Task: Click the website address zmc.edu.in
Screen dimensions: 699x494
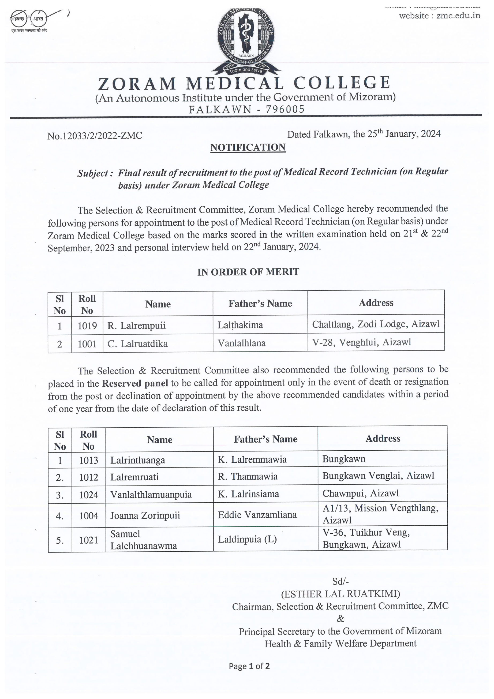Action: click(x=458, y=16)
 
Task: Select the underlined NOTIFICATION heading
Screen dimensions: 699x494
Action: click(x=248, y=147)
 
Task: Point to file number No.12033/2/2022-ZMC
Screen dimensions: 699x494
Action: click(x=95, y=136)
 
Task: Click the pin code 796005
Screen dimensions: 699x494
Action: click(x=285, y=109)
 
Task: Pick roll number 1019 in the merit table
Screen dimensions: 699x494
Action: click(x=87, y=326)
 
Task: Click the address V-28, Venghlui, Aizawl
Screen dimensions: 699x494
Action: click(x=361, y=342)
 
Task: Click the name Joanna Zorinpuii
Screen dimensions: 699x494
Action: click(x=145, y=515)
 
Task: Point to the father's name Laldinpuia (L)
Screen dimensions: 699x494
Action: click(x=247, y=540)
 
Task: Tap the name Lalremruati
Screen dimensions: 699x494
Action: click(x=134, y=477)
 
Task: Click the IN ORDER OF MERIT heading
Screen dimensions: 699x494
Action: click(x=248, y=272)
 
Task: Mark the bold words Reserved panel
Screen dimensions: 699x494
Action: click(x=135, y=383)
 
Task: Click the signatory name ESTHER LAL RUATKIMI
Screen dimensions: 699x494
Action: click(x=340, y=594)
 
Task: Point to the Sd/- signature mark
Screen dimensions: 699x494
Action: click(x=340, y=581)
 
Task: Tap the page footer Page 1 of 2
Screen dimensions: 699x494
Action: click(x=249, y=666)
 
